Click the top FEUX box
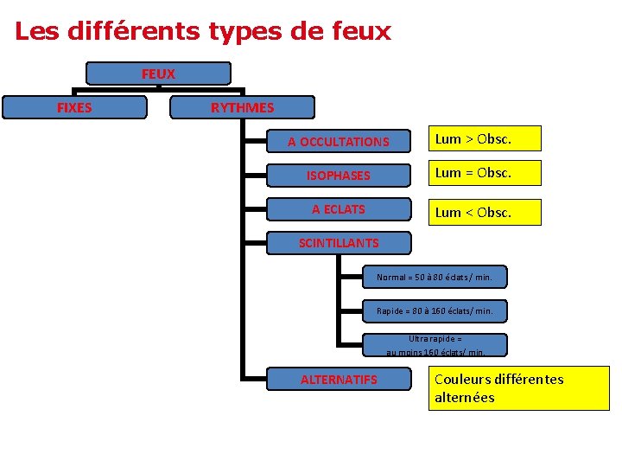[x=158, y=74]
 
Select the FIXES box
[x=74, y=108]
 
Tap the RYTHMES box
[x=243, y=108]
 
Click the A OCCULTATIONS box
[x=339, y=141]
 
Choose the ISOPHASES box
[x=339, y=176]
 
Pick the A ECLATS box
[x=339, y=209]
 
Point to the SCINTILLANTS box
[x=339, y=243]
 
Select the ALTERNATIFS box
[x=339, y=380]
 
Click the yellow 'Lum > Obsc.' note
[x=486, y=138]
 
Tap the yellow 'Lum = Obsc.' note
[x=486, y=173]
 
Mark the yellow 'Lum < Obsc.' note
[x=486, y=212]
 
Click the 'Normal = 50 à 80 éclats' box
[x=435, y=278]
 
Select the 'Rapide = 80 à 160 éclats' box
[x=435, y=310]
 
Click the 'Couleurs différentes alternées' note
[x=518, y=388]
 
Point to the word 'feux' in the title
[x=360, y=32]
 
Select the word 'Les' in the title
[x=35, y=32]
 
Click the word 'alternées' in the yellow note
[x=465, y=398]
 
